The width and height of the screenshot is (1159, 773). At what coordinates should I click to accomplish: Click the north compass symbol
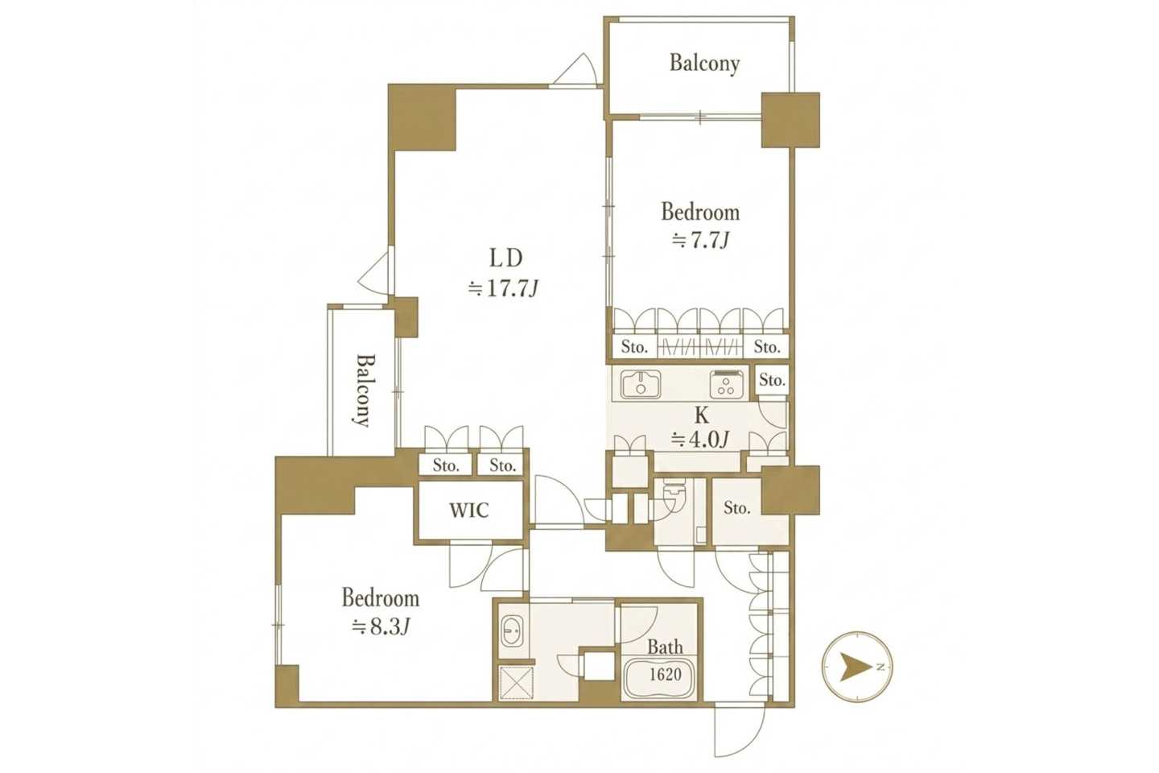857,667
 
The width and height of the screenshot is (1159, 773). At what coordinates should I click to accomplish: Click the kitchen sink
641,385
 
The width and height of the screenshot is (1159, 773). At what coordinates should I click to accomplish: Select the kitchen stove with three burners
727,384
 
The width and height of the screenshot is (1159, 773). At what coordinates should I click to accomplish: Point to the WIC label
468,511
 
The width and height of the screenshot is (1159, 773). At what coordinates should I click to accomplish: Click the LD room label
506,258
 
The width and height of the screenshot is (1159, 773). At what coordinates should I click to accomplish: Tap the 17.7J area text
504,288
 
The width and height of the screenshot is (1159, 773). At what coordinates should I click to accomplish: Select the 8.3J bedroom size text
381,627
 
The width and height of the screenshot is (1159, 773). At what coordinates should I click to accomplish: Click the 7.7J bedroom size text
700,240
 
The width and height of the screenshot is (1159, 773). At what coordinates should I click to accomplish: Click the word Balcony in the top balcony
705,63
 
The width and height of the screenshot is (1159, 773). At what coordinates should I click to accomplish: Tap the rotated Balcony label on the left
365,391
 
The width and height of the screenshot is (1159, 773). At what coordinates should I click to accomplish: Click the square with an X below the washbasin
516,682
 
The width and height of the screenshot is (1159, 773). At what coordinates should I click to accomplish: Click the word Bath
665,647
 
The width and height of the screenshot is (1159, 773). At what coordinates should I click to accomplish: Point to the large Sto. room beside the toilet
736,508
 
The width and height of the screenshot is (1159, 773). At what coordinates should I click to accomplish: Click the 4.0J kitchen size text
700,440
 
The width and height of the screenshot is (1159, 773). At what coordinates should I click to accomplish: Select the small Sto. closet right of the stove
772,381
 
